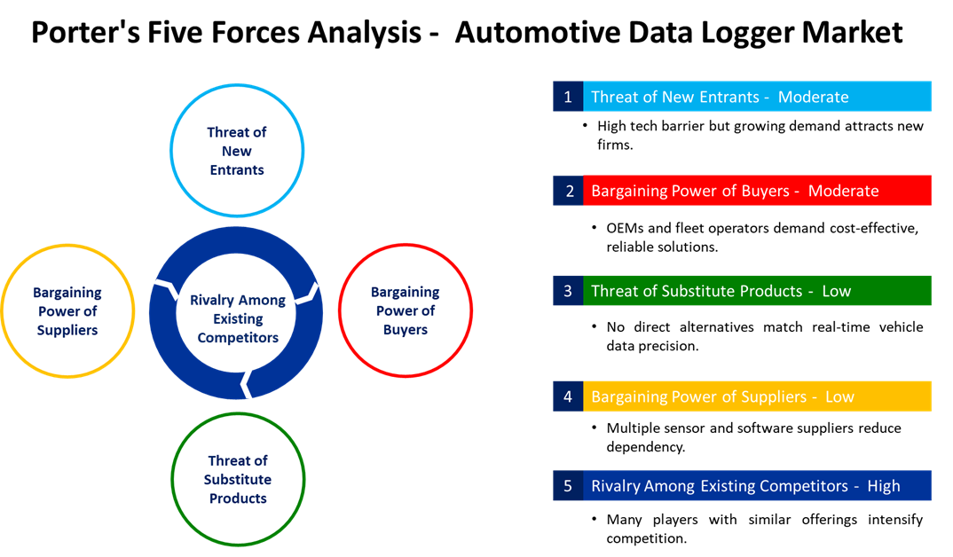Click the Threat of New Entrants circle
237,151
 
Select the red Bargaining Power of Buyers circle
406,310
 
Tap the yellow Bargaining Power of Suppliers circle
67,311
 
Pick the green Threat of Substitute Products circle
238,479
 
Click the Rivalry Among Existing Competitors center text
238,318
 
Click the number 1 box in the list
568,97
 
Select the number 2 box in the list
568,191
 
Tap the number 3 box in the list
568,291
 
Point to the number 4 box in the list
568,396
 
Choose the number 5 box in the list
568,486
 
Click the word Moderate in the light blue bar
813,97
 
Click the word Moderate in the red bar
843,191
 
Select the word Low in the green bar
836,291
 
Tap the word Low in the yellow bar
839,396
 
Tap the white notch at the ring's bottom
248,384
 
